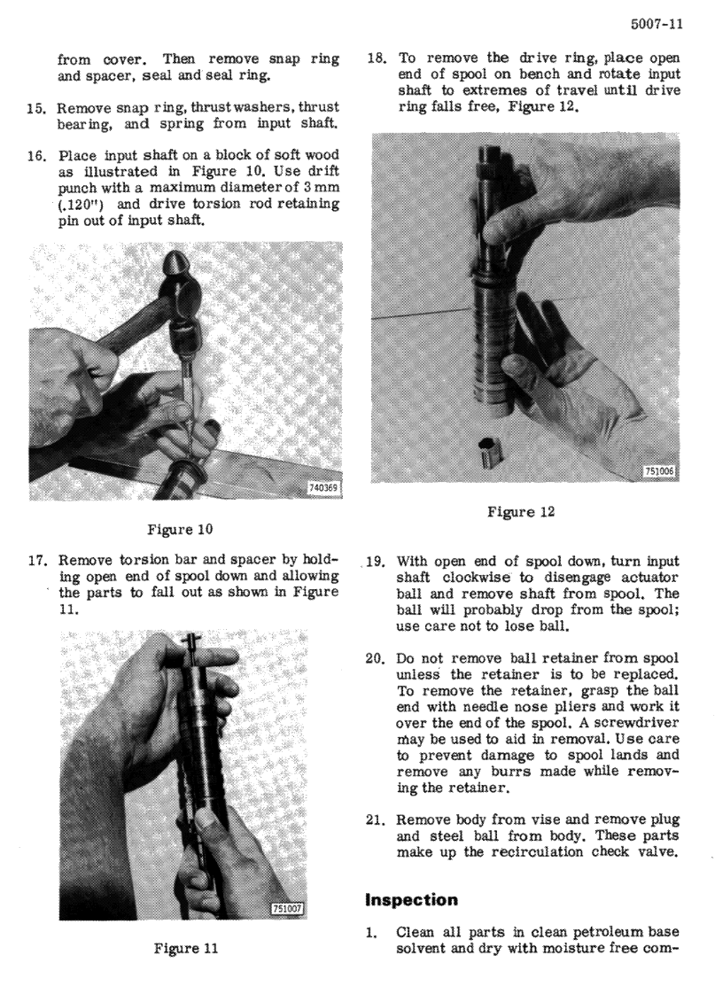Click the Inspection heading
pyautogui.click(x=411, y=900)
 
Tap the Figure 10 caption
pyautogui.click(x=180, y=529)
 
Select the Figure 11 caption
pyautogui.click(x=186, y=948)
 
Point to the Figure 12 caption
pyautogui.click(x=520, y=511)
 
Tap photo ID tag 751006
pyautogui.click(x=660, y=471)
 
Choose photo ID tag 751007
pyautogui.click(x=288, y=909)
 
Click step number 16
pyautogui.click(x=36, y=155)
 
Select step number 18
pyautogui.click(x=377, y=58)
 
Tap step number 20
pyautogui.click(x=376, y=658)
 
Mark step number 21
pyautogui.click(x=377, y=819)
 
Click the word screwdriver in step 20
pyautogui.click(x=641, y=723)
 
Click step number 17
pyautogui.click(x=36, y=561)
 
